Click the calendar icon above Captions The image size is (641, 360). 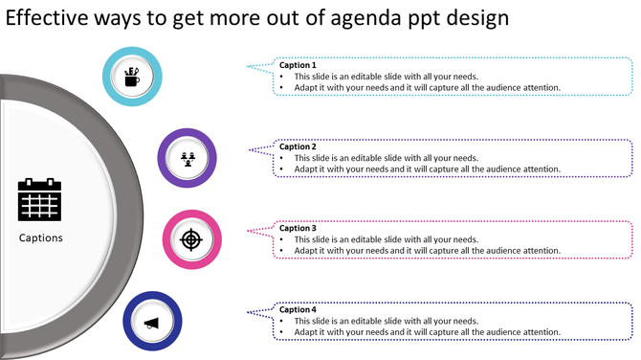click(x=39, y=200)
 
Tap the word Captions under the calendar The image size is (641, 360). click(x=41, y=237)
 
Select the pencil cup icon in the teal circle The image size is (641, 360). click(x=132, y=75)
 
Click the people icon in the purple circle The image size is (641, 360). click(x=187, y=157)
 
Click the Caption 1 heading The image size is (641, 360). click(x=298, y=65)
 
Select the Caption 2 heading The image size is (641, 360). click(x=298, y=146)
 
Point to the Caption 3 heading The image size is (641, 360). click(x=298, y=228)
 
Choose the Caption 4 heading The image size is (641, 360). click(x=298, y=309)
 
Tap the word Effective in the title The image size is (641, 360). click(x=49, y=18)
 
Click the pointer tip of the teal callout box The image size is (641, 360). click(x=248, y=67)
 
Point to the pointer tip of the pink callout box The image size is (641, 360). click(x=248, y=230)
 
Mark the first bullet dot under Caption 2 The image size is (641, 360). click(x=283, y=158)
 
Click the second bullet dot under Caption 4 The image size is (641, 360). click(x=283, y=332)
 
